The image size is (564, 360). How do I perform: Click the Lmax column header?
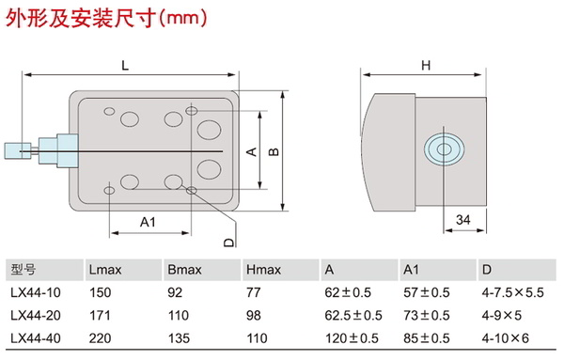pos(105,270)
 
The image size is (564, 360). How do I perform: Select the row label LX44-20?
pos(36,316)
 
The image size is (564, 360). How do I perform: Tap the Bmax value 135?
pos(179,338)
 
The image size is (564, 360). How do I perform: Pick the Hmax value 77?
pos(253,292)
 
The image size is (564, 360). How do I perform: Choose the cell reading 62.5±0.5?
pos(353,316)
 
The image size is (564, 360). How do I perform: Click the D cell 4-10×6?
pos(506,338)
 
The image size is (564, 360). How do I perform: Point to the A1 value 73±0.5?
pos(426,316)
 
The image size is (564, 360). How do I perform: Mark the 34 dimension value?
pos(462,220)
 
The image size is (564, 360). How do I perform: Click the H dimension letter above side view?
pos(426,66)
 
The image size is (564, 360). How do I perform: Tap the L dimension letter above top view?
pos(125,66)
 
